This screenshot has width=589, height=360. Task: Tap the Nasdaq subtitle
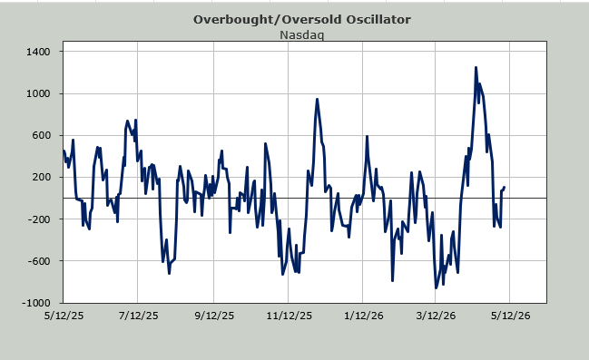click(302, 34)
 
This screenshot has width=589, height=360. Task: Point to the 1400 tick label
click(38, 52)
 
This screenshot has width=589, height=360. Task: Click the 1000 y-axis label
click(38, 93)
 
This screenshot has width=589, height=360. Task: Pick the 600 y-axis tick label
click(42, 135)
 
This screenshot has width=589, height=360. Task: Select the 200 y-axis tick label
click(42, 177)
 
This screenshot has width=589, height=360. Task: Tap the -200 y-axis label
click(39, 219)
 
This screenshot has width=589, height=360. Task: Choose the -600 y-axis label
click(39, 261)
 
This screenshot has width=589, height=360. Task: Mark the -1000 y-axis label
click(36, 303)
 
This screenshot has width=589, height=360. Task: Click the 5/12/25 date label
click(64, 316)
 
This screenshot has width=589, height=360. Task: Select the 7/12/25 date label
click(138, 316)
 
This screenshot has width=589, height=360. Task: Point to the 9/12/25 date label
click(214, 316)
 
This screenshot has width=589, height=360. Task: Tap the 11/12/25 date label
click(290, 316)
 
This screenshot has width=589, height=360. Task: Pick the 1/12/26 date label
click(364, 316)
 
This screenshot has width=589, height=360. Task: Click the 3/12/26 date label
click(436, 316)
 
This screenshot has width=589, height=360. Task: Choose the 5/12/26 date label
click(510, 316)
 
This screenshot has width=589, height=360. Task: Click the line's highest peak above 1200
click(476, 68)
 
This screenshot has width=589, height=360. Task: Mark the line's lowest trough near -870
click(437, 288)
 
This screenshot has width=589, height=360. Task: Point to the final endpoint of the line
click(504, 187)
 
